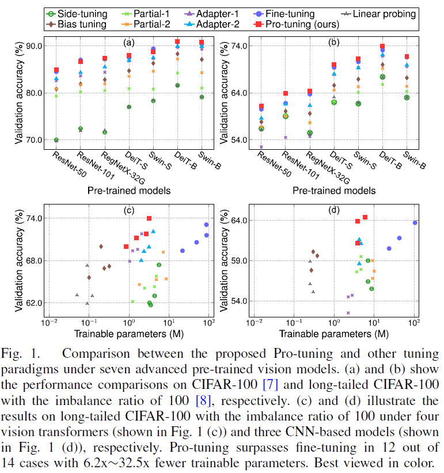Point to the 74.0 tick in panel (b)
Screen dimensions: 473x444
pyautogui.click(x=236, y=46)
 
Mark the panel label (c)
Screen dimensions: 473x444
pyautogui.click(x=129, y=210)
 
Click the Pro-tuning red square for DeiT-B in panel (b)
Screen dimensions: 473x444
pyautogui.click(x=382, y=47)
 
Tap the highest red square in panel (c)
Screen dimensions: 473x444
pyautogui.click(x=149, y=218)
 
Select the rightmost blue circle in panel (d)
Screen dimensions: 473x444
pyautogui.click(x=415, y=223)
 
